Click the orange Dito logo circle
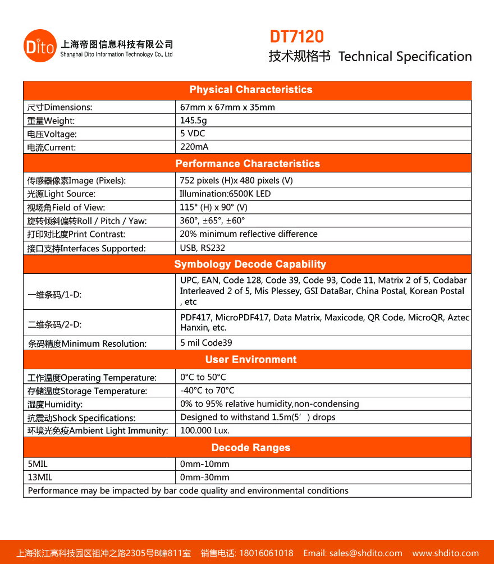40,47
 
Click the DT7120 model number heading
297,37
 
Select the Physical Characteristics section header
250,90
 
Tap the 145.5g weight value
194,120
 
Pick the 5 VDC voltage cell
193,134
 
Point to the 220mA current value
194,147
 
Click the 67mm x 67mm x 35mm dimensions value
227,107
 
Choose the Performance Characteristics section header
248,164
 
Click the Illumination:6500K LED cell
225,194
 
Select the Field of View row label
66,208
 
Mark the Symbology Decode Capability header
250,264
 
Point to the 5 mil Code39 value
206,343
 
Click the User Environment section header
251,360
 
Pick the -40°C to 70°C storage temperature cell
207,391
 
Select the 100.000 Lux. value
205,431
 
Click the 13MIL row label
40,478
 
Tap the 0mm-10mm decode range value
204,464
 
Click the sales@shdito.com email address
365,553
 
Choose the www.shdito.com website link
446,553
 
